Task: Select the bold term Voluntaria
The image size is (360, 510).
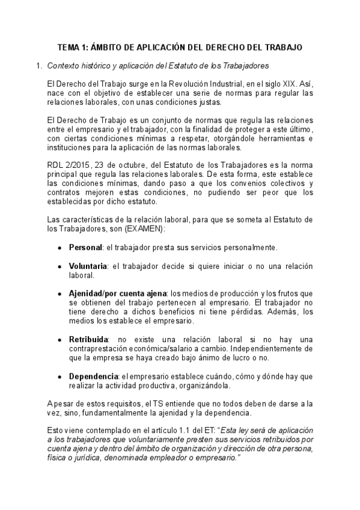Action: (88, 266)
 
